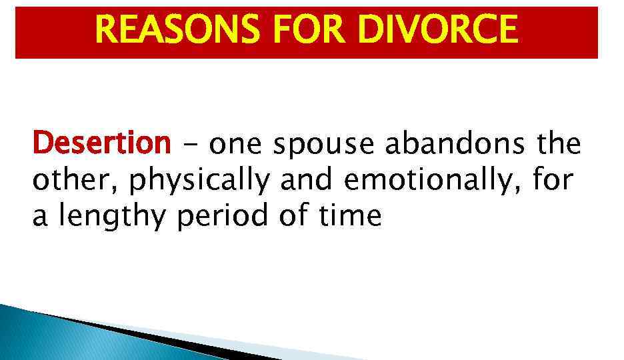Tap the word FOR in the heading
tap(315, 30)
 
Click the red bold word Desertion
tap(102, 143)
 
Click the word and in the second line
tap(307, 179)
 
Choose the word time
tap(352, 217)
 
